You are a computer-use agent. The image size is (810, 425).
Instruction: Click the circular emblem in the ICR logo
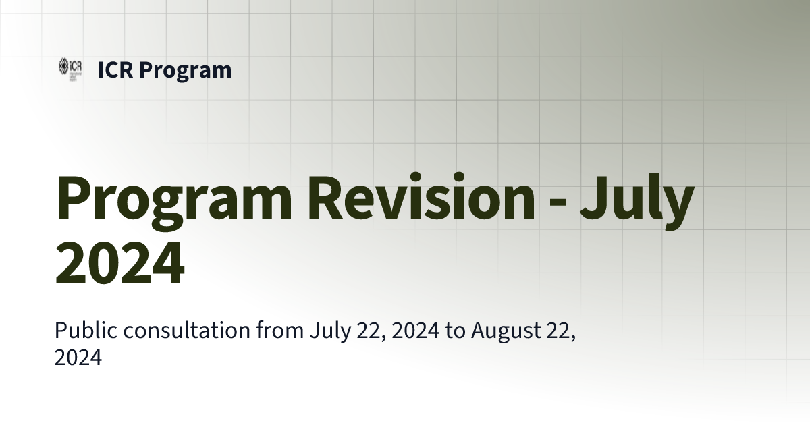pyautogui.click(x=64, y=67)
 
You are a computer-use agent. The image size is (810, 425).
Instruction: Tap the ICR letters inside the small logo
pyautogui.click(x=76, y=65)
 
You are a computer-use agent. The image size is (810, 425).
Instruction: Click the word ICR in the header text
pyautogui.click(x=115, y=69)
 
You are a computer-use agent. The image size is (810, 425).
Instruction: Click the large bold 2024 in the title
pyautogui.click(x=119, y=264)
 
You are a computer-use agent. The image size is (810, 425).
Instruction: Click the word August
pyautogui.click(x=504, y=331)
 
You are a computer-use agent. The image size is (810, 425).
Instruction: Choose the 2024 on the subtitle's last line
pyautogui.click(x=78, y=358)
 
